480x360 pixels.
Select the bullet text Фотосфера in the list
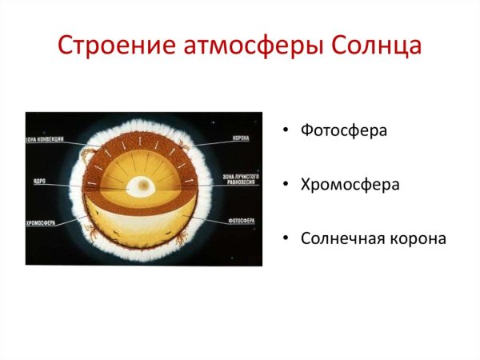coord(344,130)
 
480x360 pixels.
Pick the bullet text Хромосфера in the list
coord(350,185)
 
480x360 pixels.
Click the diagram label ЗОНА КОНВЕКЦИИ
coord(45,140)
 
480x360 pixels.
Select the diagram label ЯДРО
coord(38,182)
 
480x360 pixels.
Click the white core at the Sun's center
coord(142,186)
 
